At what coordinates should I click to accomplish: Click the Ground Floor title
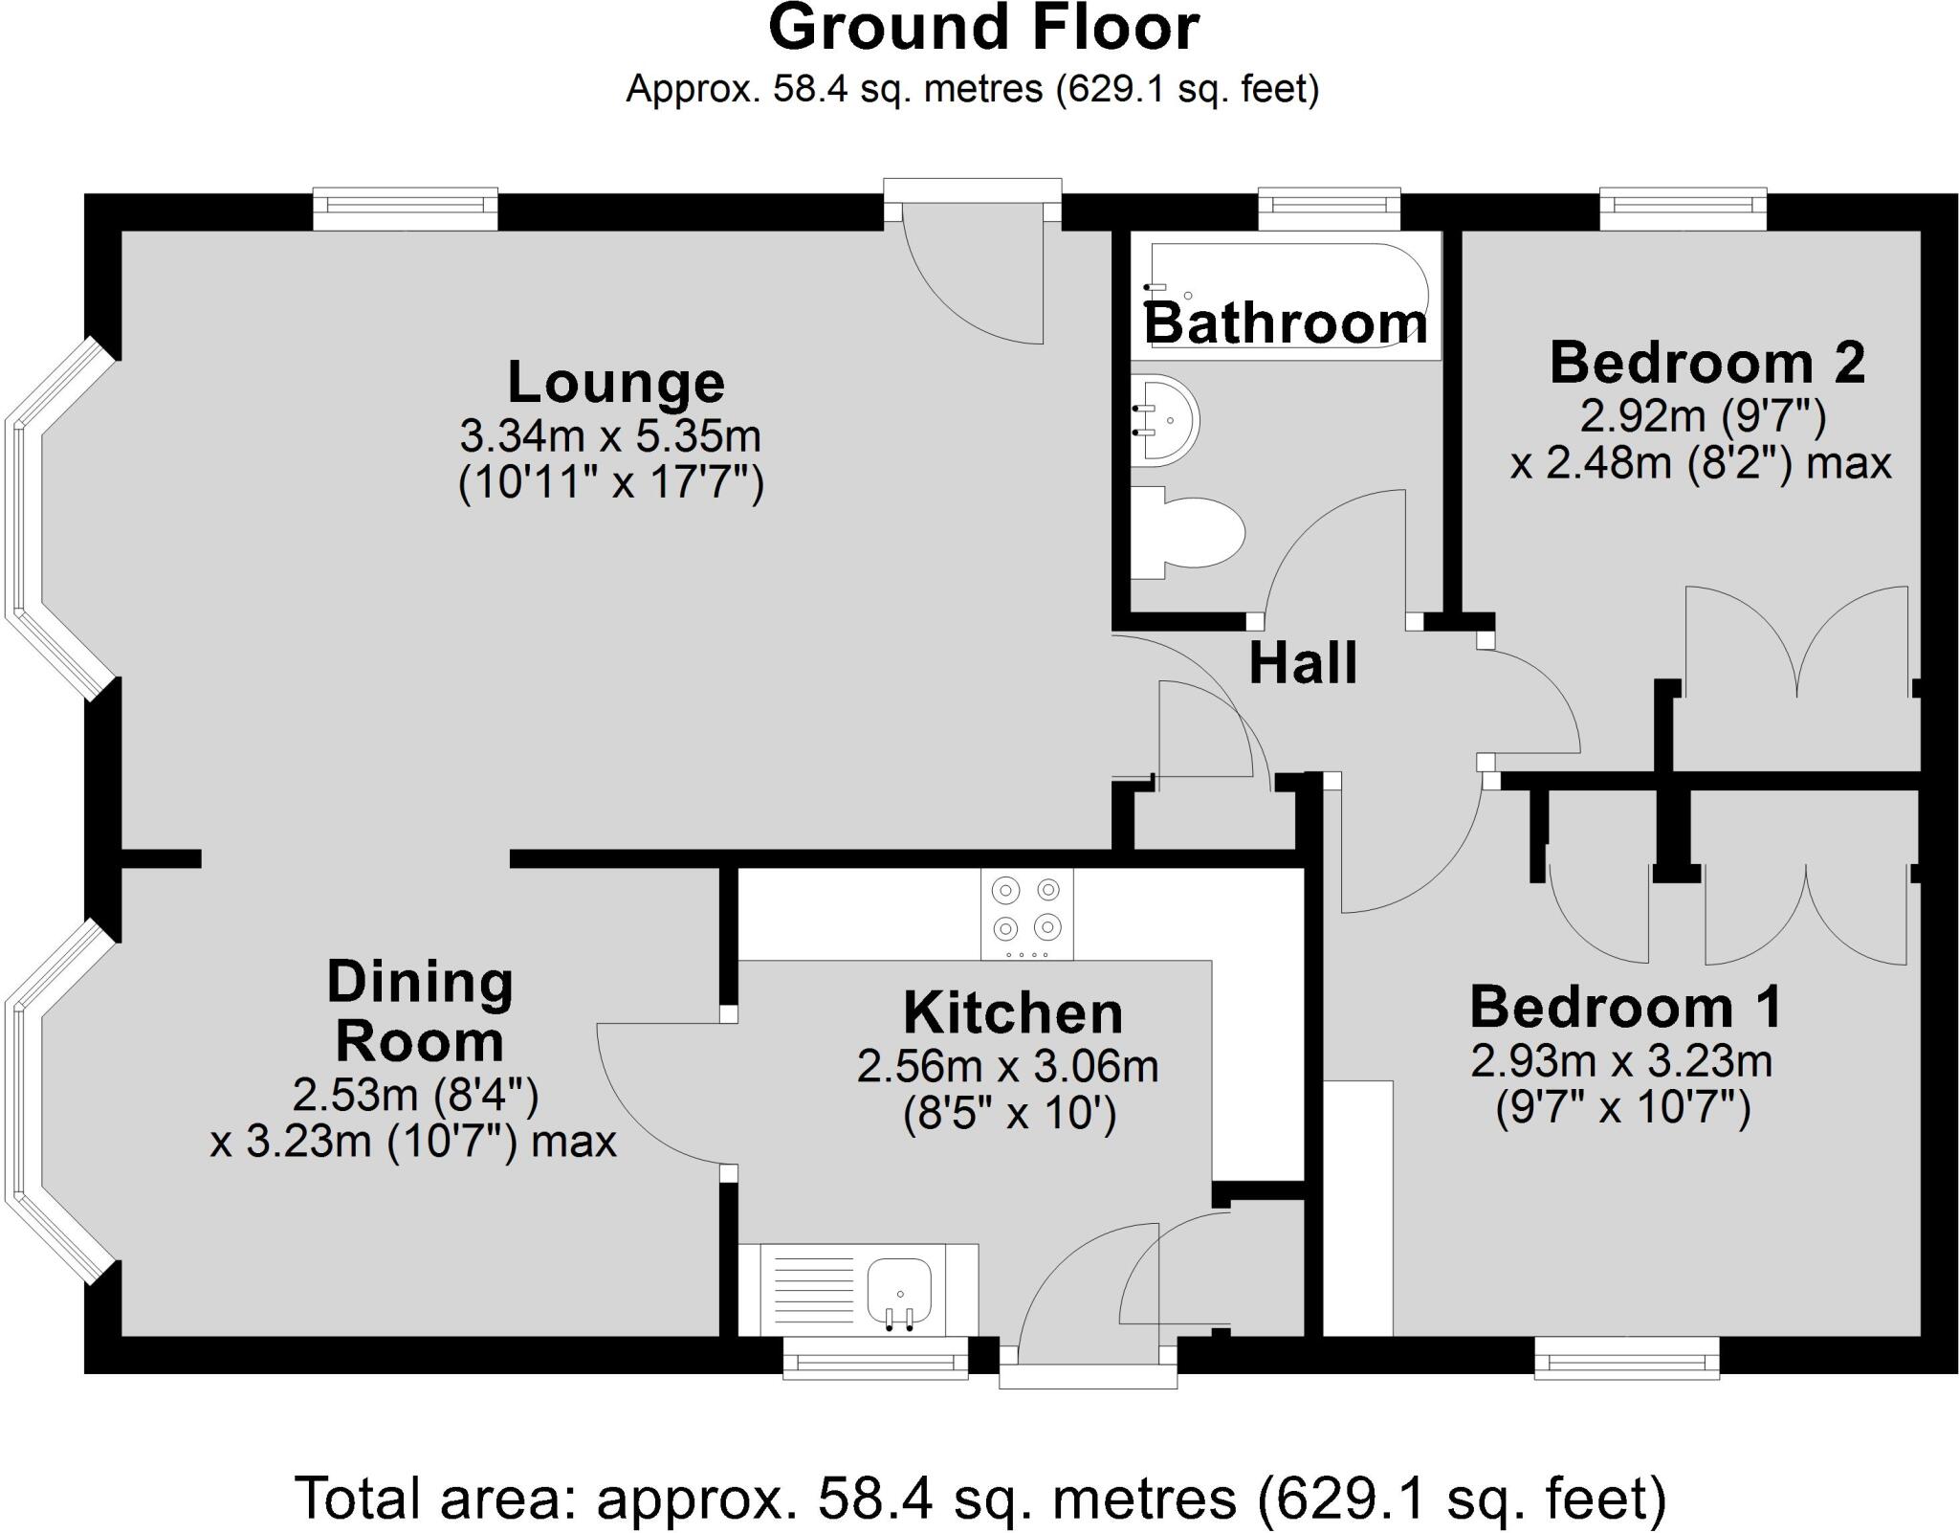[x=982, y=29]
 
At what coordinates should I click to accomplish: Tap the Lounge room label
[x=616, y=383]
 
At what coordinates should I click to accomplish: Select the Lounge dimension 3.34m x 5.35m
[x=610, y=437]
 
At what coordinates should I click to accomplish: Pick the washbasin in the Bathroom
[x=1163, y=420]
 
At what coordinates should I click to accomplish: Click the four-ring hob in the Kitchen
[x=1027, y=913]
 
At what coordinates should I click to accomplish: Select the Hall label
[x=1303, y=663]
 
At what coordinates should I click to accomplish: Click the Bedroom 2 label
[x=1707, y=364]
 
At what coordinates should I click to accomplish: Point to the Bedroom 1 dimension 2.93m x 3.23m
[x=1622, y=1060]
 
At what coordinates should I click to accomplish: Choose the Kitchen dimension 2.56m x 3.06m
[x=1008, y=1066]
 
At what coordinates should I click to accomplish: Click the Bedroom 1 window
[x=1626, y=1357]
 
